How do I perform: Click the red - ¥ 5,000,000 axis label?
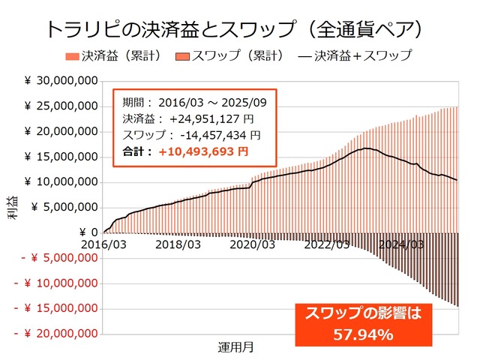(60, 258)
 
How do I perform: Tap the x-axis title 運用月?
(238, 346)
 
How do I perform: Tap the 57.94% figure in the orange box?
(363, 334)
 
